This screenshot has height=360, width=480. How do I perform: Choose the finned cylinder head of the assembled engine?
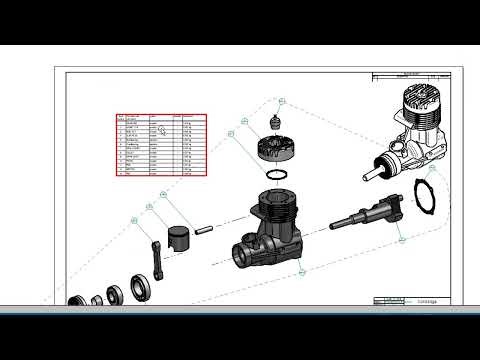(421, 111)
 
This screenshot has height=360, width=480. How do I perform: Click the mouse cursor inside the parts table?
(176, 130)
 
